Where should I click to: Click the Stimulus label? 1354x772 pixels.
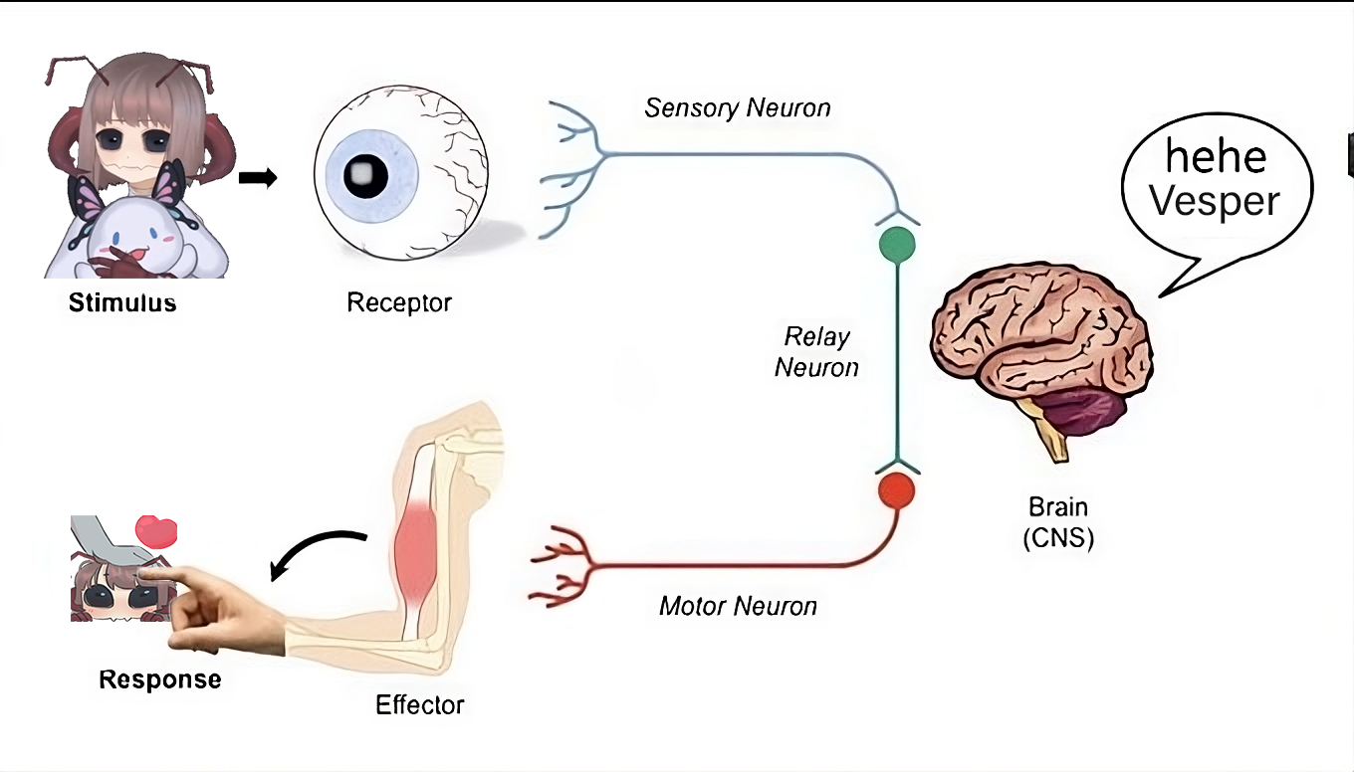point(122,302)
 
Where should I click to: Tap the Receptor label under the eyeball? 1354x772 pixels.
point(398,301)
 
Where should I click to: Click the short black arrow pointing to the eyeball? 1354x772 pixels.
point(258,178)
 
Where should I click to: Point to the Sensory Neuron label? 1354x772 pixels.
point(737,108)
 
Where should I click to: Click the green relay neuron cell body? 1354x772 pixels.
point(897,244)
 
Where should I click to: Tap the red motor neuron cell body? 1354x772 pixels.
point(897,490)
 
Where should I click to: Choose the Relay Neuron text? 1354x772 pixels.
point(816,352)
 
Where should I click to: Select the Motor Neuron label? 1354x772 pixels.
point(738,606)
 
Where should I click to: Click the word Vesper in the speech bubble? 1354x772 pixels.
point(1214,202)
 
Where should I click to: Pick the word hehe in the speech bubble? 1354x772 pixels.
point(1216,157)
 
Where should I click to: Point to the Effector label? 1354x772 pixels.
point(419,705)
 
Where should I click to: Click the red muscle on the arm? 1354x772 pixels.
point(417,552)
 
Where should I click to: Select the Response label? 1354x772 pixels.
point(159,680)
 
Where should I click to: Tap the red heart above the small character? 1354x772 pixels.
point(155,531)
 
